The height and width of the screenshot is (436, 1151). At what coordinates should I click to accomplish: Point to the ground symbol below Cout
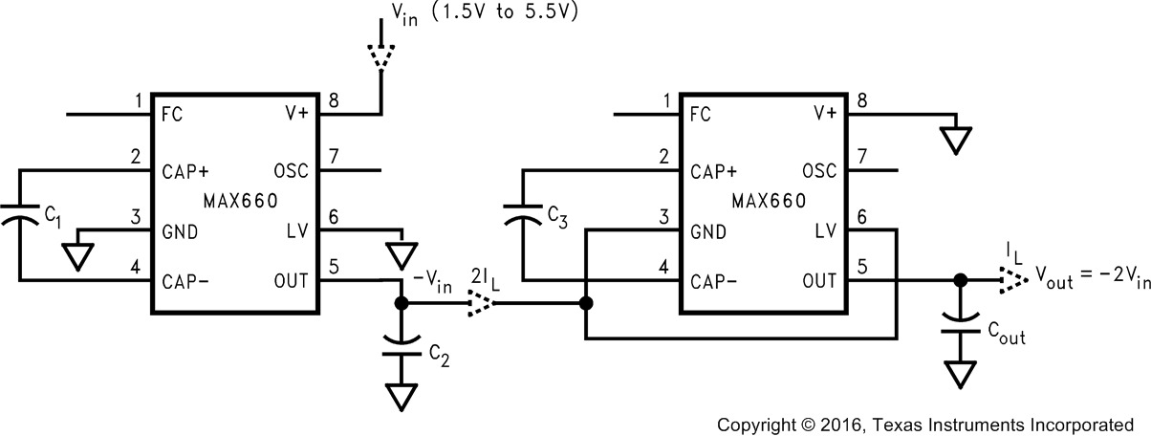pos(959,373)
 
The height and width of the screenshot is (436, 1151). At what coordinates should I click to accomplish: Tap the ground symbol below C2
pos(402,395)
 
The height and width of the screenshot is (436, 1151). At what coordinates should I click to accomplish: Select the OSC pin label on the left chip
pos(292,172)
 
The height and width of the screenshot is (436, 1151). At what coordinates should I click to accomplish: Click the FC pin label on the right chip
pos(700,114)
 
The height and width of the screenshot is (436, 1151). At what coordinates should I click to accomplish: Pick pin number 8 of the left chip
pos(333,99)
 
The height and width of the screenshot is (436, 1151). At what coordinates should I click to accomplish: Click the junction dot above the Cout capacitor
pos(959,280)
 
